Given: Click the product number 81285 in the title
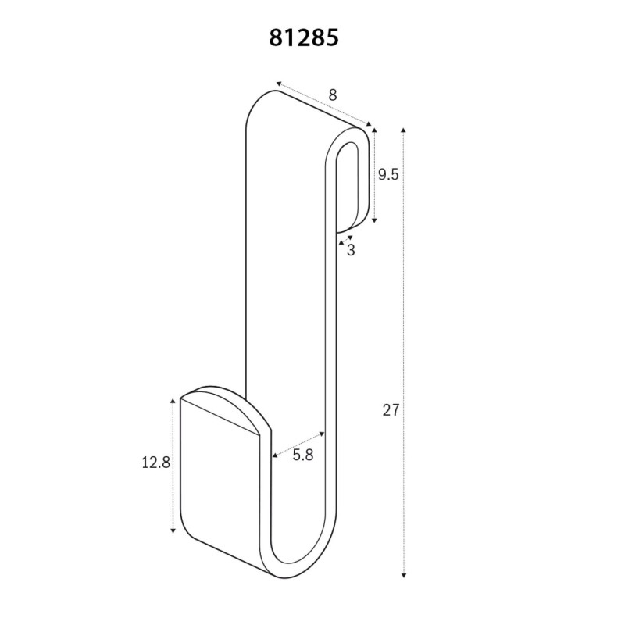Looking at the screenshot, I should (305, 39).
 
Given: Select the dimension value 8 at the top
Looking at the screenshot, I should (332, 95).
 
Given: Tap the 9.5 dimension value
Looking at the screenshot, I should (388, 174).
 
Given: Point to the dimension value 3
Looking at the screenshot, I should (351, 250).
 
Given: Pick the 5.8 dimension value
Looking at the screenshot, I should (302, 455).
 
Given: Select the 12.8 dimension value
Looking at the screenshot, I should (155, 462).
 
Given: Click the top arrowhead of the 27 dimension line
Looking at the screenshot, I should (403, 128).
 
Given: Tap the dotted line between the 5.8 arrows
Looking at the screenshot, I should (298, 442).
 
